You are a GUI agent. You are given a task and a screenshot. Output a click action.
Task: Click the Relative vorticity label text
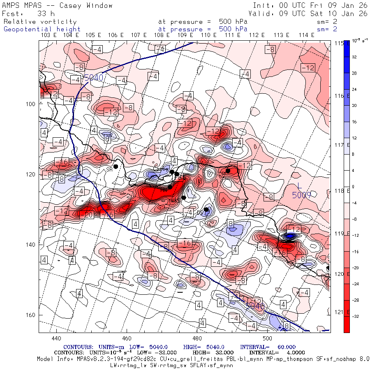tap(40, 21)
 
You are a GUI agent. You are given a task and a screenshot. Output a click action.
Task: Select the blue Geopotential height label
tap(42, 29)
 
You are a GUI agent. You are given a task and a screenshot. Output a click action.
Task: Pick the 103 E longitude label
tap(49, 35)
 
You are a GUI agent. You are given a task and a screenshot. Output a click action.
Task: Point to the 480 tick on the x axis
tap(197, 338)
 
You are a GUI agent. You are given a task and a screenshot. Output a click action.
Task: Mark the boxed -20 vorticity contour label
tap(89, 215)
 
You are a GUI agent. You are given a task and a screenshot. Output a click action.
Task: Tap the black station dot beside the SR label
tap(116, 166)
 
